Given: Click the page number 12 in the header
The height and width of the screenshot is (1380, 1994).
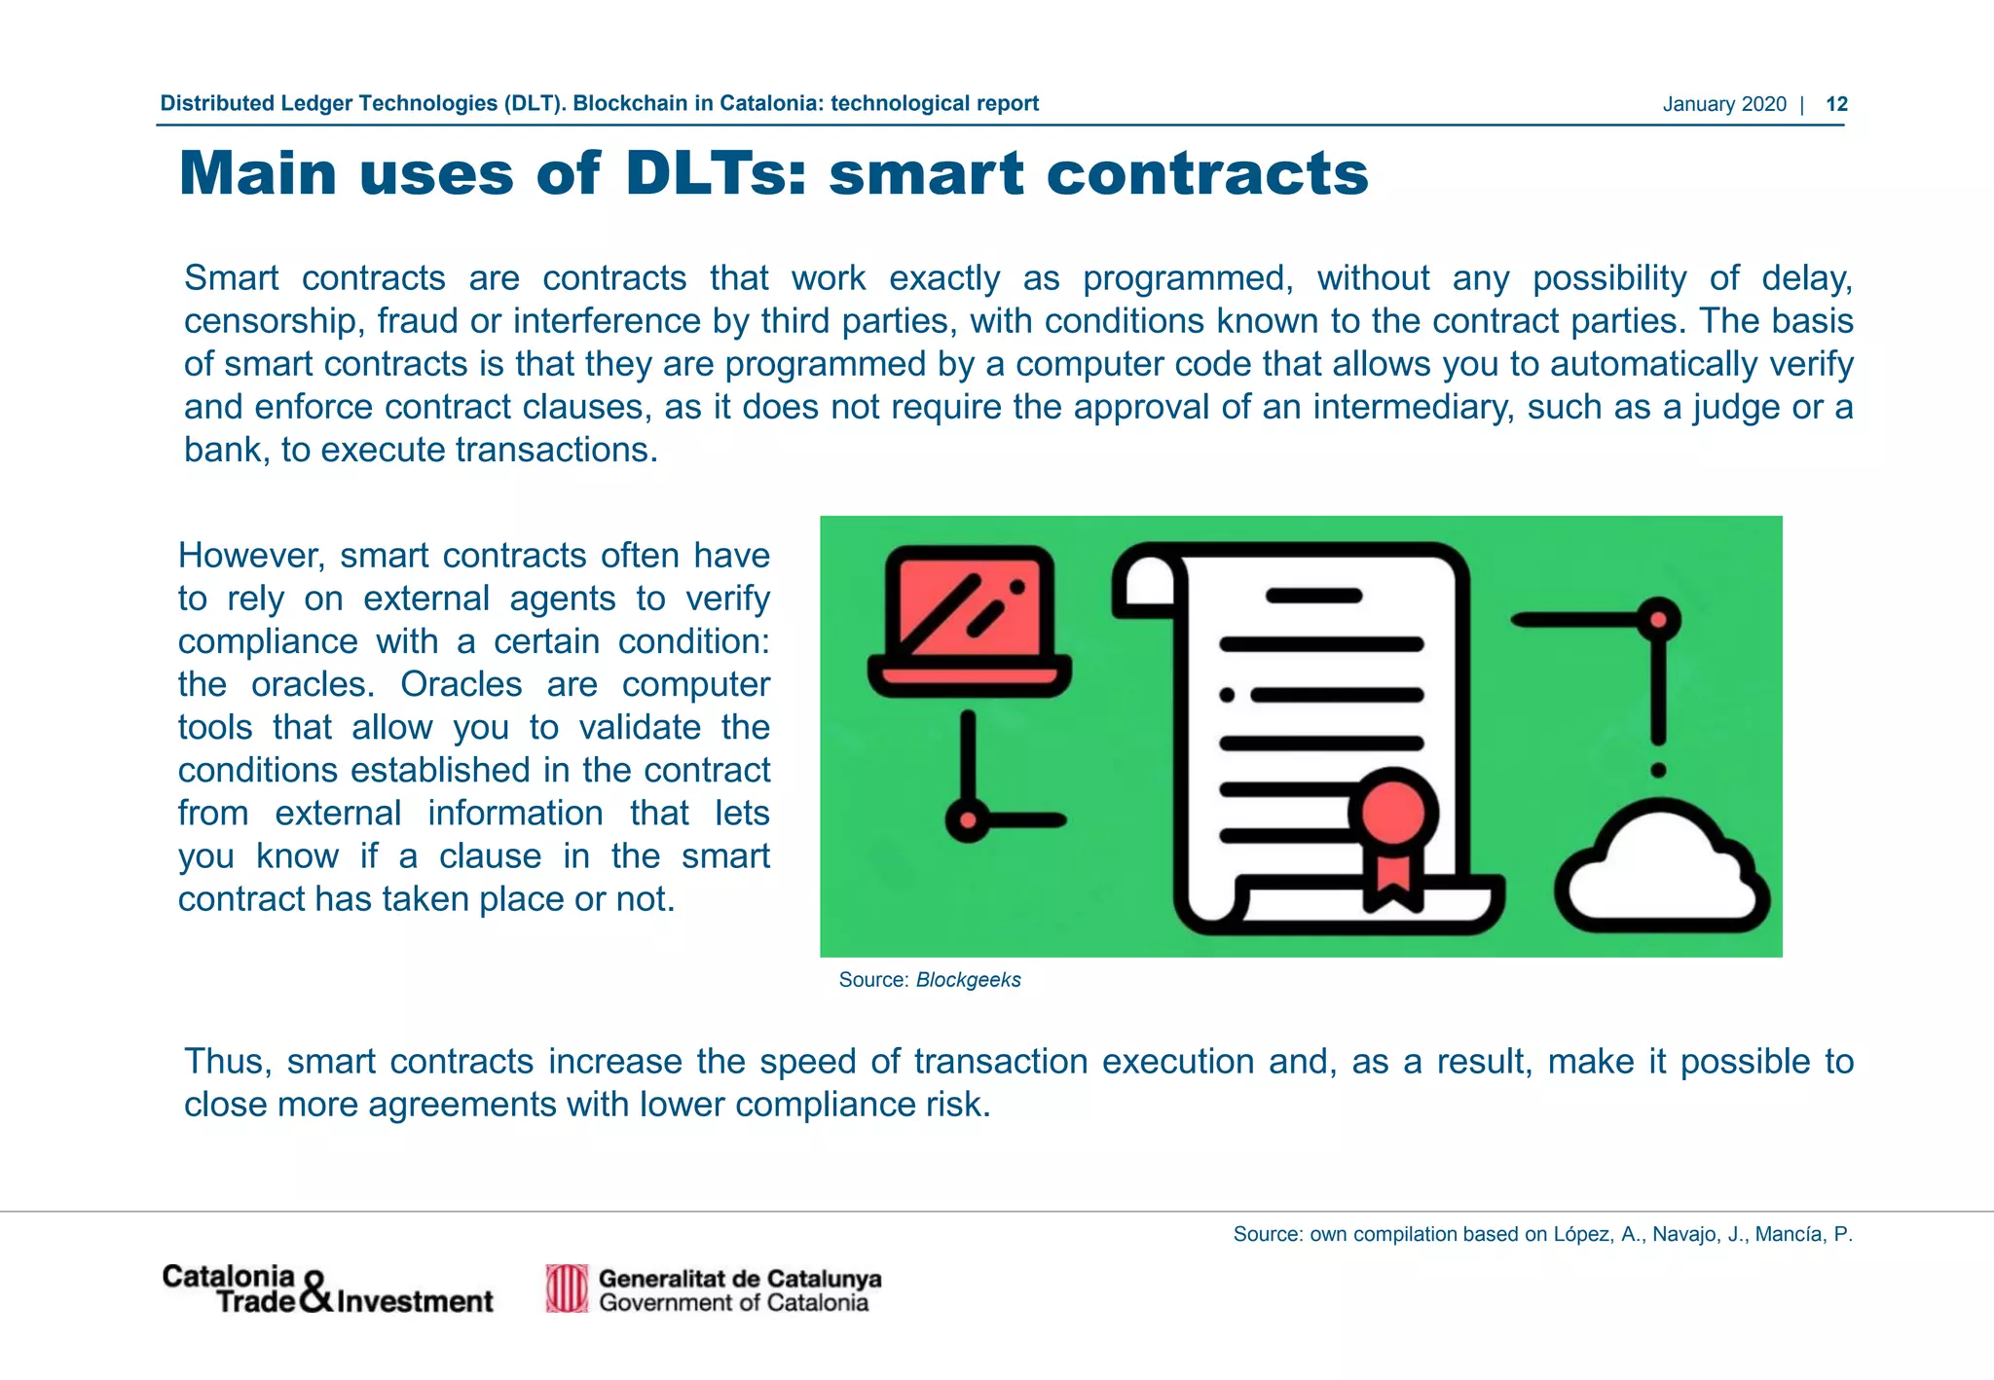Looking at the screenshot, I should pos(1836,104).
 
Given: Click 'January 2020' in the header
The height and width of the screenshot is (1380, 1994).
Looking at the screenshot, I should pos(1723,104).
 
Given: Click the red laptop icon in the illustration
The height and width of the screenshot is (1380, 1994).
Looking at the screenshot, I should pos(970,619).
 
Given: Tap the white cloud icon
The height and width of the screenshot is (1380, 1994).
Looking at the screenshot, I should pos(1660,869).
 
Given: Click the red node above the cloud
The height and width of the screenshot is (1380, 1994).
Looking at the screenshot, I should pos(1659,620).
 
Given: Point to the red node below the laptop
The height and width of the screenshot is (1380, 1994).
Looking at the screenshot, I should pos(968,820).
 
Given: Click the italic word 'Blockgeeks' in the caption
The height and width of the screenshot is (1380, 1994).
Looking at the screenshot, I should pos(968,980).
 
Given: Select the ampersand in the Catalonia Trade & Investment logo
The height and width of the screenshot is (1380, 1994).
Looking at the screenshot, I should pos(317,1292).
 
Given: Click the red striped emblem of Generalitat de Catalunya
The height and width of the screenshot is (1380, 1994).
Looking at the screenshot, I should pos(567,1289).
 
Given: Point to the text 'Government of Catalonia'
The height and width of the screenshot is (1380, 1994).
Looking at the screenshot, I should pos(733,1303).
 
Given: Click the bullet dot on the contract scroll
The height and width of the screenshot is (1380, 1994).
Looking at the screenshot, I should pos(1227,695).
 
